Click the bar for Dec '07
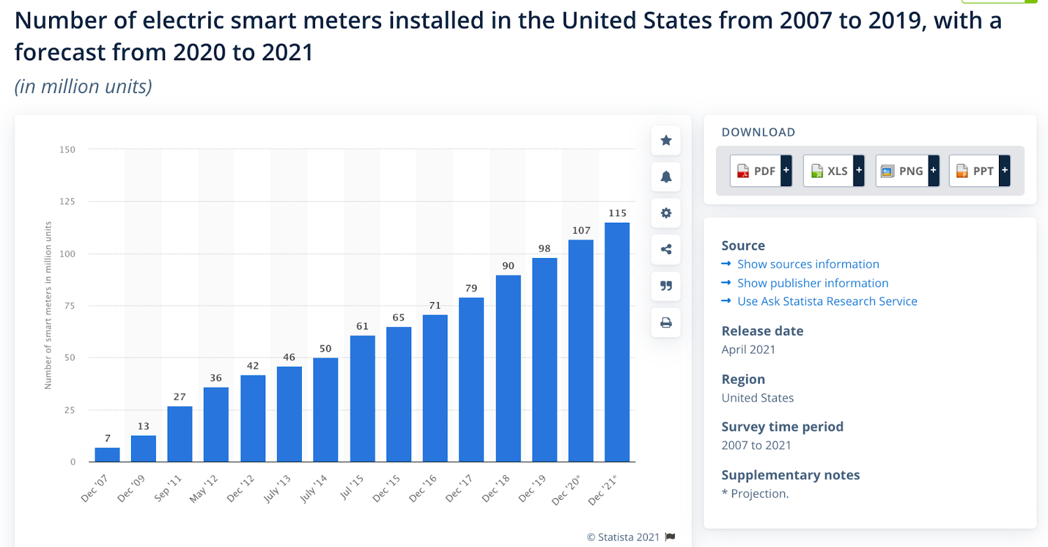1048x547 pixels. coord(107,455)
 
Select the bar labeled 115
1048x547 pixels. coord(617,342)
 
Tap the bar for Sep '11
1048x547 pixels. coord(180,434)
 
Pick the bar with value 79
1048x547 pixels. coord(472,379)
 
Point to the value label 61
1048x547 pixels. coord(362,326)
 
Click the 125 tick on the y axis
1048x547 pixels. coord(67,202)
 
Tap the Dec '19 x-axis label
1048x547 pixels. coord(532,489)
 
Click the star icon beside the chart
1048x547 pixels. coord(666,140)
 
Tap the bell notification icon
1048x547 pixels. coord(666,177)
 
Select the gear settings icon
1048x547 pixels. coord(666,213)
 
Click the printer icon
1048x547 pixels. coord(666,322)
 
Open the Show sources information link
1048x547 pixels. coord(808,264)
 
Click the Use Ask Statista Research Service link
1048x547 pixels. coord(827,301)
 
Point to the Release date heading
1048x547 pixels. coord(762,331)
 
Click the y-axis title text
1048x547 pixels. coord(48,305)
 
